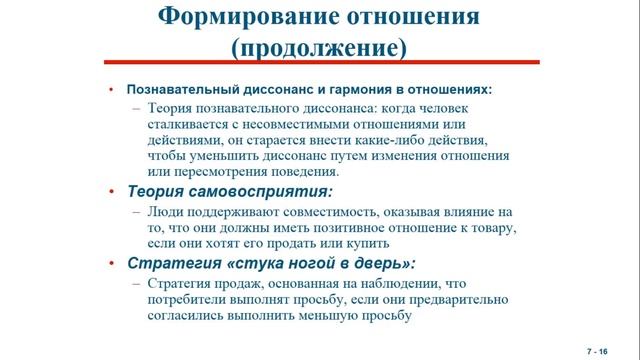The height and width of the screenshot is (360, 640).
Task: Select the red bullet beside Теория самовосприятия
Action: (113, 191)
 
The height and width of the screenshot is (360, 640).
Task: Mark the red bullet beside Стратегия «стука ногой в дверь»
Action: (113, 264)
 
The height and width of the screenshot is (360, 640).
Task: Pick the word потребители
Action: (187, 300)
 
